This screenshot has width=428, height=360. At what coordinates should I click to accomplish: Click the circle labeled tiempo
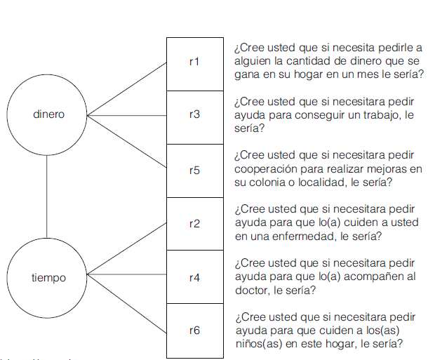coord(48,278)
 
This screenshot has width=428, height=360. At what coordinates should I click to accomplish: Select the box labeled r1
coord(194,62)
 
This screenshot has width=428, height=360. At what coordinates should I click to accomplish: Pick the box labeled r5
coord(194,170)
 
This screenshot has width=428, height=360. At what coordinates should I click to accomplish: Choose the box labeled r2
coord(194,224)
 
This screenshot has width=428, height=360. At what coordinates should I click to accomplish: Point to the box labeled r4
coord(194,278)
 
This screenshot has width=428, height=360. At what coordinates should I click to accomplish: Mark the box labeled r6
coord(194,331)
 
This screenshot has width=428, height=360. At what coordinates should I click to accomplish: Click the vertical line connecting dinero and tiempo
coord(47,196)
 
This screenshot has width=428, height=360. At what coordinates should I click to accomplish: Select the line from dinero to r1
coord(126,88)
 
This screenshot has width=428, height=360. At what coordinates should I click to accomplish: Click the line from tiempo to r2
coord(126,249)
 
